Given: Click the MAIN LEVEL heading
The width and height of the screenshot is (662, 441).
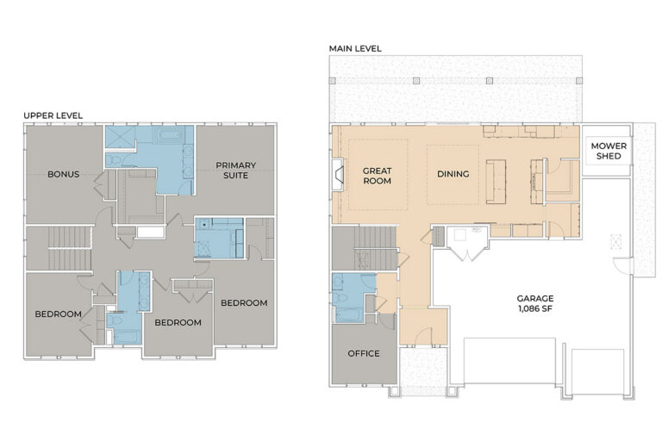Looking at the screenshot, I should click(354, 48).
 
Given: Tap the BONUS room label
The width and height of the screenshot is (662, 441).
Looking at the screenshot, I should click(64, 174).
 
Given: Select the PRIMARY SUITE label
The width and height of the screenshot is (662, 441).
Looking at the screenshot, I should click(235, 170).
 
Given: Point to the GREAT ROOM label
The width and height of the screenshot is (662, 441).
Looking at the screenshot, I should click(377, 176).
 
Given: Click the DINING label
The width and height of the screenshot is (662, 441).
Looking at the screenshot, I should click(453, 174).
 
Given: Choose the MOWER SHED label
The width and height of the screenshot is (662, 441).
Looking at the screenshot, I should click(609, 151).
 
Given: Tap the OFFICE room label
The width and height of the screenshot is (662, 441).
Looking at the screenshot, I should click(364, 353).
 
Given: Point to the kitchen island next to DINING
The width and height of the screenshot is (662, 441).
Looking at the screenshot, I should click(496, 181).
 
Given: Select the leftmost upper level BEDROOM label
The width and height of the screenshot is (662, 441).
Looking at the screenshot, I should click(58, 314).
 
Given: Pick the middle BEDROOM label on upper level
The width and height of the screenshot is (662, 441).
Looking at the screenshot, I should click(178, 322).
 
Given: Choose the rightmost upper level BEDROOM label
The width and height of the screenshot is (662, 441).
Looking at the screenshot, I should click(244, 302).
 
